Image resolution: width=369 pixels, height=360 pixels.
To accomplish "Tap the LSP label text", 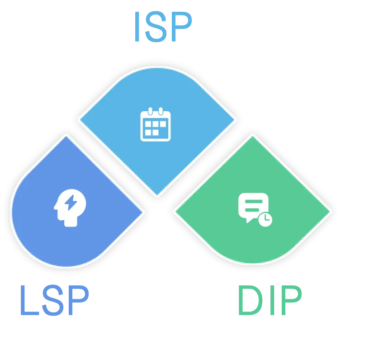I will pyautogui.click(x=54, y=300).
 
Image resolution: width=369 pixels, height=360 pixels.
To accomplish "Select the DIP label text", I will pyautogui.click(x=269, y=300).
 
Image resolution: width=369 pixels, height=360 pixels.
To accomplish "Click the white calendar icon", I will pyautogui.click(x=155, y=124).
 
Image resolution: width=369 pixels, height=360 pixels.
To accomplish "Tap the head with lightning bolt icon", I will pyautogui.click(x=69, y=208).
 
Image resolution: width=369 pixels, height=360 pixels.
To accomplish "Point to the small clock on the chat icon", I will pyautogui.click(x=265, y=220).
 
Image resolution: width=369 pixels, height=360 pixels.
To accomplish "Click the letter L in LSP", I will pyautogui.click(x=29, y=300).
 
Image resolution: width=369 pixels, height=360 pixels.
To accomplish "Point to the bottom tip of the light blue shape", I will pyautogui.click(x=157, y=195).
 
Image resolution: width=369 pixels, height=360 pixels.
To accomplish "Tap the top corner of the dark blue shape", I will pyautogui.click(x=66, y=136).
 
